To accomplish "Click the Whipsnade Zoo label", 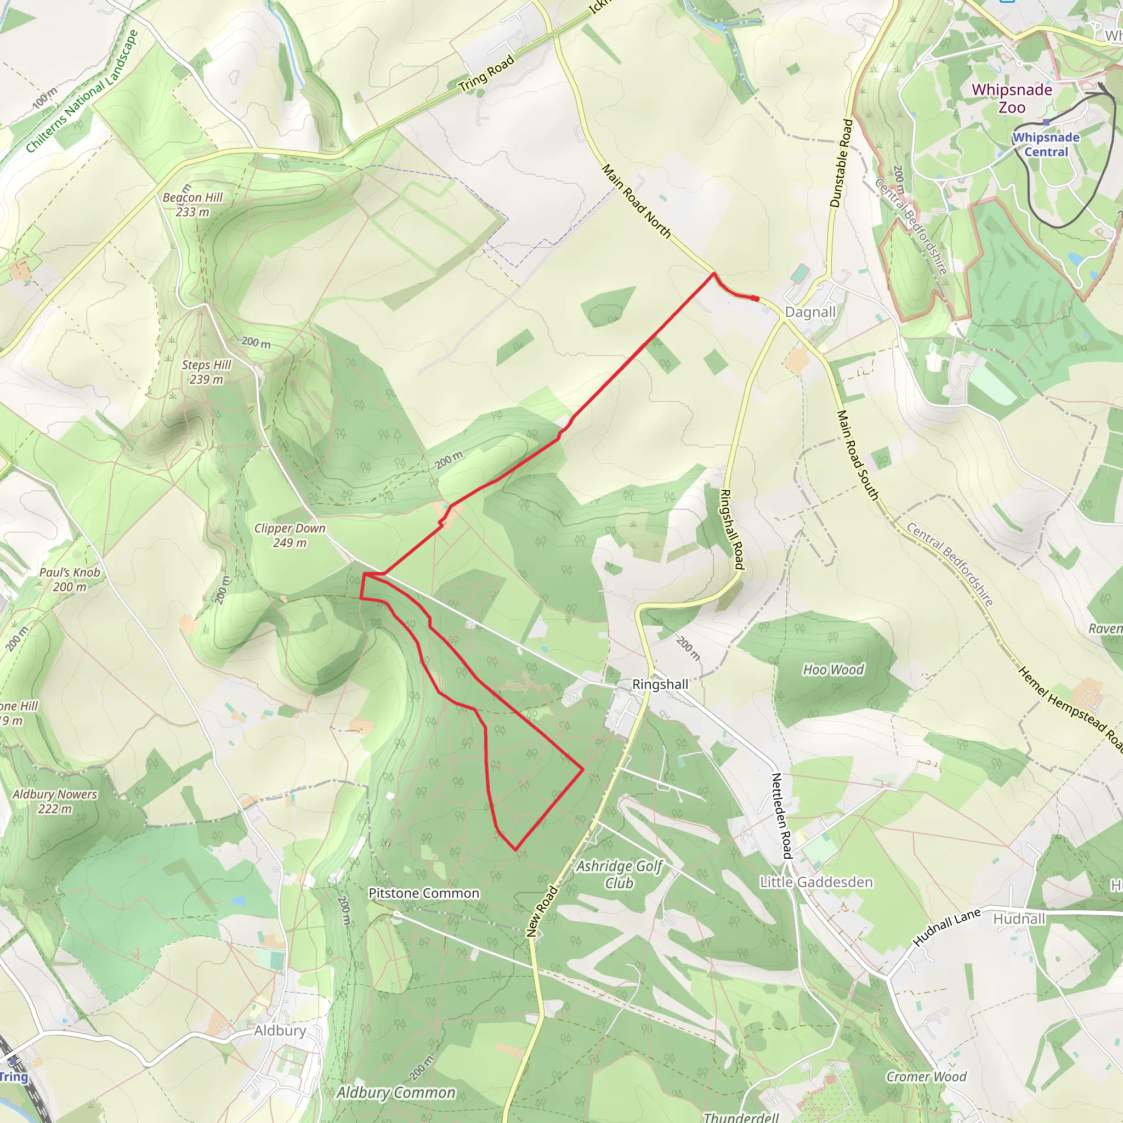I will [x=1012, y=98].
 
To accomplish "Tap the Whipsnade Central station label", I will [x=1046, y=145].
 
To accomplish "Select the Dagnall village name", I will [x=810, y=312].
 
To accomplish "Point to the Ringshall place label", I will [x=660, y=684].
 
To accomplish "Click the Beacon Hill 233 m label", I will [x=192, y=205].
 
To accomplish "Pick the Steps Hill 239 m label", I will [x=206, y=372].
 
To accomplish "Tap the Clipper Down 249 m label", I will [x=290, y=535].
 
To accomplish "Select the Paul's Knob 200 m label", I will [x=70, y=580].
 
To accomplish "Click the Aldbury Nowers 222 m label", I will [x=55, y=801].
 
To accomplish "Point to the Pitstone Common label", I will [x=424, y=893].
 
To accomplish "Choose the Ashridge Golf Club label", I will [x=619, y=874].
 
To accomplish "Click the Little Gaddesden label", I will [x=816, y=882].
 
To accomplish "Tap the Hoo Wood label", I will [x=833, y=670].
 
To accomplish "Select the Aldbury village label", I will [x=280, y=1030].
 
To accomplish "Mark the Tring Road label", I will [x=486, y=74].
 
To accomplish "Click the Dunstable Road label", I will [x=841, y=163].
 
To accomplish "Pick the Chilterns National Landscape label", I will [x=81, y=91].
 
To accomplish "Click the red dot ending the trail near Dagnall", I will [x=755, y=299].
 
